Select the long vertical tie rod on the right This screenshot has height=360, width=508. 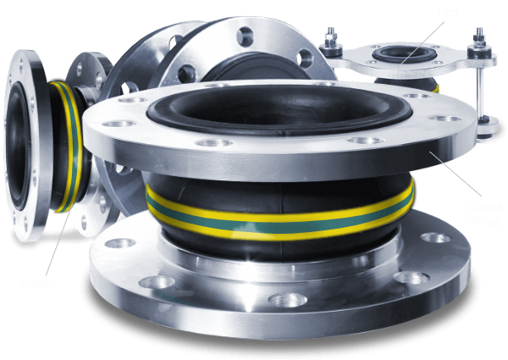480,89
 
